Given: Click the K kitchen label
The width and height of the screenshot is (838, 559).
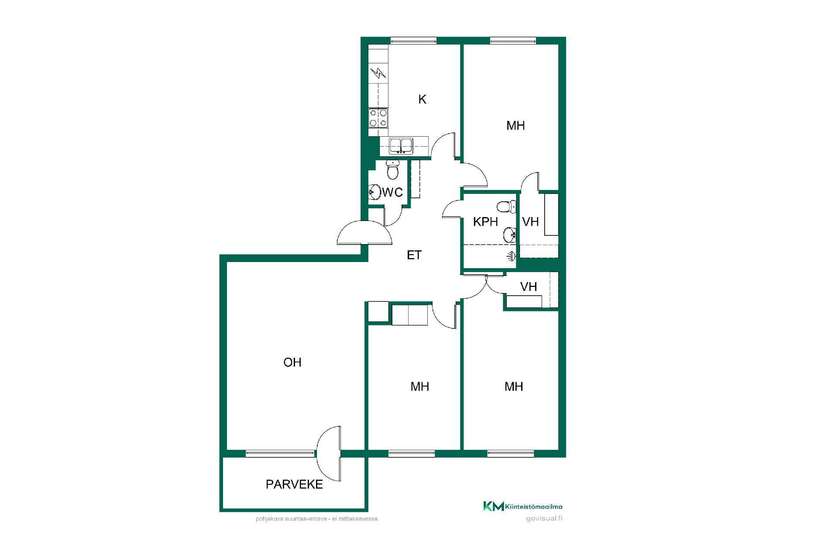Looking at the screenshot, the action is [x=422, y=100].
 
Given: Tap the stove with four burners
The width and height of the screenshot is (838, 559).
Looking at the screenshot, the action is [x=378, y=117].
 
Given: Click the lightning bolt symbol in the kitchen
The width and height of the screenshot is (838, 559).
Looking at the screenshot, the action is [x=378, y=73].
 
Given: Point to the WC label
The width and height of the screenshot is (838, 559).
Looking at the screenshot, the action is [x=393, y=192].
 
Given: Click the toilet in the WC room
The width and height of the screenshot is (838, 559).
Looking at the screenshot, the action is [x=393, y=169].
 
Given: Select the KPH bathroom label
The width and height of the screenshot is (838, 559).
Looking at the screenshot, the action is [x=485, y=222].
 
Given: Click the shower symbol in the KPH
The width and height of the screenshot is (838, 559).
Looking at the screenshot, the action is [x=511, y=256].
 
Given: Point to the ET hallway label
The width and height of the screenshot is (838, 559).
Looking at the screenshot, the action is [x=414, y=255].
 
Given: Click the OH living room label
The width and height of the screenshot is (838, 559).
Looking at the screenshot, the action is [x=292, y=362].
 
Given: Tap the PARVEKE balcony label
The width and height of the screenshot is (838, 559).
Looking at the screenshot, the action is [x=295, y=484].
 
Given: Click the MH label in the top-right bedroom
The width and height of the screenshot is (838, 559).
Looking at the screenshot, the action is [x=515, y=126].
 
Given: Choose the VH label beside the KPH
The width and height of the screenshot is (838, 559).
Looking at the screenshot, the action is [x=531, y=222].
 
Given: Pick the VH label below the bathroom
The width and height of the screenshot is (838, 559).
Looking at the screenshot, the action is [x=529, y=286].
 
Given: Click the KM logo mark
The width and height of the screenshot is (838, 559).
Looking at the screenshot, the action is [x=493, y=506].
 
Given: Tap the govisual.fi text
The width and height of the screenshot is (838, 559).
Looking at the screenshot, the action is [x=544, y=518].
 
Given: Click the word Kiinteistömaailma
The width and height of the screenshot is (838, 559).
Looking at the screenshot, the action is [x=534, y=507].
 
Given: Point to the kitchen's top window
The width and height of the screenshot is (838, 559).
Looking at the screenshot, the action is [x=413, y=41].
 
